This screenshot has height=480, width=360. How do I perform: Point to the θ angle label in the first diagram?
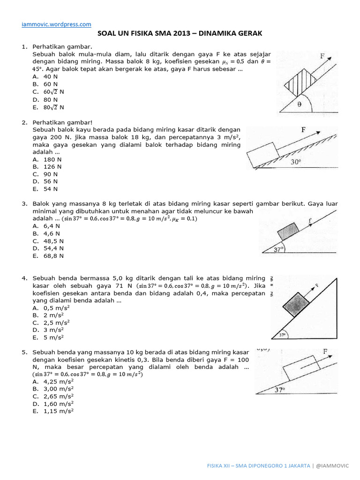click(300, 105)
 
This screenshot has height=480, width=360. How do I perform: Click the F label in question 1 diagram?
click(322, 56)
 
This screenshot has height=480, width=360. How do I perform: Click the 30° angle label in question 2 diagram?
click(295, 162)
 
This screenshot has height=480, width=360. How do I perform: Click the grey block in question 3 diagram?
click(288, 232)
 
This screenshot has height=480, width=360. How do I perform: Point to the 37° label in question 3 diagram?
click(279, 250)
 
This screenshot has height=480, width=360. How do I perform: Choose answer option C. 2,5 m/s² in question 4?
click(51, 322)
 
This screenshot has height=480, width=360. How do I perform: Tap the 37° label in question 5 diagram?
click(280, 390)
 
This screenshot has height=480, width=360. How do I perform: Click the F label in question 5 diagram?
click(325, 351)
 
